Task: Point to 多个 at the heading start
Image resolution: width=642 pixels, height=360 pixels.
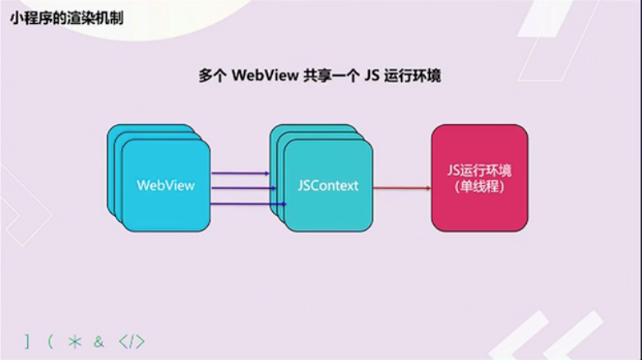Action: click(x=212, y=76)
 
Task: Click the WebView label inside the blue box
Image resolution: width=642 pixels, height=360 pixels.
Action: click(x=165, y=185)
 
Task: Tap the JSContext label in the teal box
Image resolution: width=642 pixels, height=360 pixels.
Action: click(x=328, y=185)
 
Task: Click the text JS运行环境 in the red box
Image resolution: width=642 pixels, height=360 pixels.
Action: click(x=479, y=171)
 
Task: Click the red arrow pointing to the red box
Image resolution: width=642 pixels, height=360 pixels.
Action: click(x=402, y=188)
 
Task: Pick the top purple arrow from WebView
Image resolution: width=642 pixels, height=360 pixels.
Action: click(x=240, y=173)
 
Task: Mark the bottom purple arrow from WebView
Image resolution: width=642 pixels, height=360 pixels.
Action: click(x=240, y=203)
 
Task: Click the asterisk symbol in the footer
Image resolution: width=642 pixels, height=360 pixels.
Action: click(x=75, y=341)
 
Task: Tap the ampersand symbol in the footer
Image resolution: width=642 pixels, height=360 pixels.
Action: click(x=99, y=341)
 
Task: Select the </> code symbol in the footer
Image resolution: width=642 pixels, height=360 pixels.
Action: click(x=132, y=341)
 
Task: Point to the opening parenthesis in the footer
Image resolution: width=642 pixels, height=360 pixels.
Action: click(x=50, y=341)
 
